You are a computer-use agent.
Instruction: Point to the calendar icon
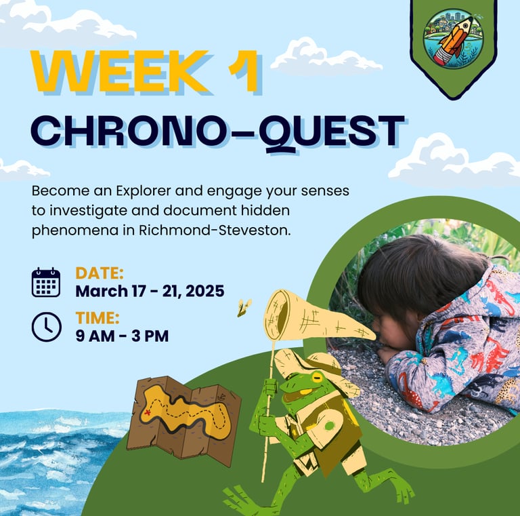[46, 282]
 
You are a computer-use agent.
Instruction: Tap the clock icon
[47, 327]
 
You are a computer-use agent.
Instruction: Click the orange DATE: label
[100, 273]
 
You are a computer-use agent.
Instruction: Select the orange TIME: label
[97, 318]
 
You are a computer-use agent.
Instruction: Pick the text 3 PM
[150, 336]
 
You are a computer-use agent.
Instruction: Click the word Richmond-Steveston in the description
[215, 230]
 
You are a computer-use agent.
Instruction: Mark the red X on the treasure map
[147, 412]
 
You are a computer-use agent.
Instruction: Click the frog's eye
[317, 378]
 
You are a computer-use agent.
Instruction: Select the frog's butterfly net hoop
[276, 315]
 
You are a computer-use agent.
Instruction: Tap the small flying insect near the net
[244, 307]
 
